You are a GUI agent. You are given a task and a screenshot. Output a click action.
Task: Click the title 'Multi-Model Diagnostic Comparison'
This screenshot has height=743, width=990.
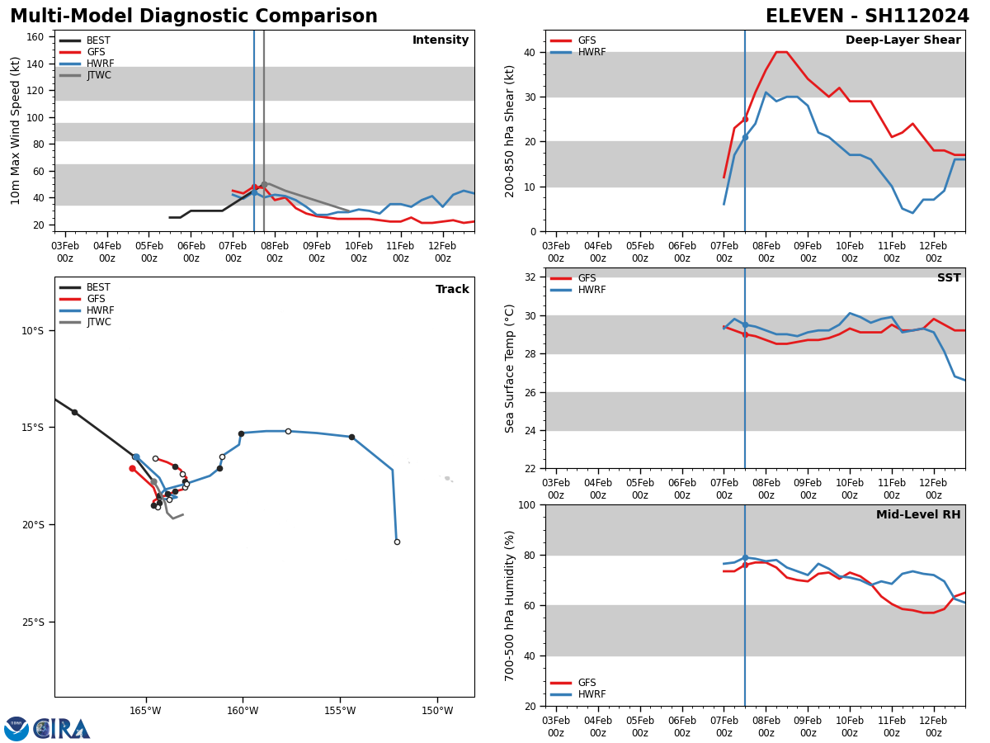[194, 17]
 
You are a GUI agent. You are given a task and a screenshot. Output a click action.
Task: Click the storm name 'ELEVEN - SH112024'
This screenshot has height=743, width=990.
[867, 17]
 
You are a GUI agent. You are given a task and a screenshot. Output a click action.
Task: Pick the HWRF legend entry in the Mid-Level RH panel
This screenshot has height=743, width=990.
[587, 694]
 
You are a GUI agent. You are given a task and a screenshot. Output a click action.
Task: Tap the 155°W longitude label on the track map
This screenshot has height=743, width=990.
[340, 710]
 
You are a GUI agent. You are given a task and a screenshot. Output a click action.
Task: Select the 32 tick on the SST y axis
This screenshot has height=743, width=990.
[531, 277]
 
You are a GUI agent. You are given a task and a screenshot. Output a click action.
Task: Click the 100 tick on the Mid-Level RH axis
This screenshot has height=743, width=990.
[528, 504]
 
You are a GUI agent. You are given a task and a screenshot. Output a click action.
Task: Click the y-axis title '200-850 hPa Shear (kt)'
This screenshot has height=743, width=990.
[511, 130]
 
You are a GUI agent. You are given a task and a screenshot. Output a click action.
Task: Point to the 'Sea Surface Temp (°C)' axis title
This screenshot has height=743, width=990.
[511, 368]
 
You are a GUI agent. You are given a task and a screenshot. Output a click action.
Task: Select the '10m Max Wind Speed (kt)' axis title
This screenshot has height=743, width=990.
[16, 130]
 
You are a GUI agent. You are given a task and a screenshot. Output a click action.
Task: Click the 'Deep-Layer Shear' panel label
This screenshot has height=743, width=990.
[903, 40]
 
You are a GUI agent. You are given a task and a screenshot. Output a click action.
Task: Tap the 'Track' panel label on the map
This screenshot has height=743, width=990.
[452, 290]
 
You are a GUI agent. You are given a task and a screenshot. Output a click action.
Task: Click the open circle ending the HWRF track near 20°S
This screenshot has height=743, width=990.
[397, 542]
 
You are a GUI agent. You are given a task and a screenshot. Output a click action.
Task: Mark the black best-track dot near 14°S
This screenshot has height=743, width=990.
[74, 412]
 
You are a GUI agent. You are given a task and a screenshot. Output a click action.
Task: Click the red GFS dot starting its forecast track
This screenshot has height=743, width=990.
[132, 468]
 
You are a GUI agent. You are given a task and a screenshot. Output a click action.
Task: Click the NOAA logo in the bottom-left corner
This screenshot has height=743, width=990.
[16, 728]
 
